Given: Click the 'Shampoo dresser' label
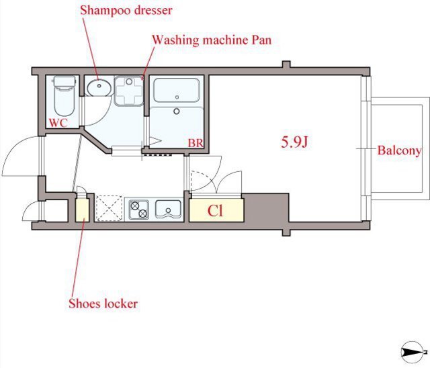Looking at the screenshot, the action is point(126,11).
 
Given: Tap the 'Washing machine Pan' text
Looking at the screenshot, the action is point(212,40).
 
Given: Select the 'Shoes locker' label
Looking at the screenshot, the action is point(103,304).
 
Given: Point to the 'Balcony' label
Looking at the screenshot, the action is point(399,150).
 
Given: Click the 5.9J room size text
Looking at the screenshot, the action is point(294,142).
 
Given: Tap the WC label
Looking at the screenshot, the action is point(58,123).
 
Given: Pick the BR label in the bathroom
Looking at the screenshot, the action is point(196,143).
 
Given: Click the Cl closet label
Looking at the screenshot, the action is point(215,210).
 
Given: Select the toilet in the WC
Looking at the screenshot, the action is point(64,96).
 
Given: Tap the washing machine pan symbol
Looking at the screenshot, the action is point(129,91).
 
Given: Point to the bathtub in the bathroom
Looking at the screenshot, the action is point(177,91).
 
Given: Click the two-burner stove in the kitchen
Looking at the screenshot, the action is point(139,210).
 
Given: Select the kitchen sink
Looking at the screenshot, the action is point(168,209).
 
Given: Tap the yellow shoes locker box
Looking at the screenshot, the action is point(82,210).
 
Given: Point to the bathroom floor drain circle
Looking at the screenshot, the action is point(177,111).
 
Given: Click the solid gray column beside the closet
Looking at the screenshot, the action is point(266,208).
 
